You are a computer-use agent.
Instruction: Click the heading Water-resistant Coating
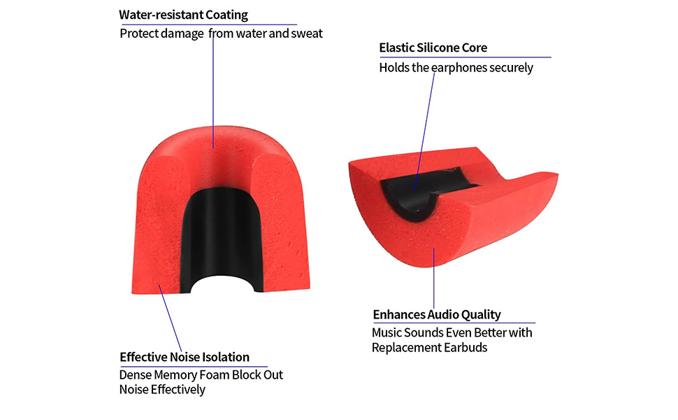183,15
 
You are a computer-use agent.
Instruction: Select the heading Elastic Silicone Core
433,48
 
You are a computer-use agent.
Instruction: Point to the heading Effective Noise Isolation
184,357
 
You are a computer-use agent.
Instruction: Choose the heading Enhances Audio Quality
436,314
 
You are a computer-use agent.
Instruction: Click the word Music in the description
387,332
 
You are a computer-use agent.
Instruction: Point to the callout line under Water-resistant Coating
212,91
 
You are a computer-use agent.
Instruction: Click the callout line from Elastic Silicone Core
426,126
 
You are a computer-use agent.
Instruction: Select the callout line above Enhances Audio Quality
434,280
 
